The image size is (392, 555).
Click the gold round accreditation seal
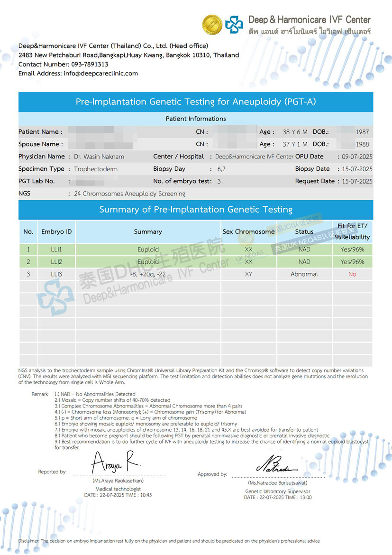pyautogui.click(x=212, y=25)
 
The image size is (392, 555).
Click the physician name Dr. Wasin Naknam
pyautogui.click(x=99, y=157)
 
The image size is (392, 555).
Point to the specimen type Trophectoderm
pyautogui.click(x=96, y=169)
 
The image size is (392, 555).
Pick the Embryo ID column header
pyautogui.click(x=56, y=232)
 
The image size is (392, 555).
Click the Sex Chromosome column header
pyautogui.click(x=248, y=232)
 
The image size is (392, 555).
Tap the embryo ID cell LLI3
pyautogui.click(x=56, y=274)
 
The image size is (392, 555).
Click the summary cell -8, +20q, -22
pyautogui.click(x=148, y=274)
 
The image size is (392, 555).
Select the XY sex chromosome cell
pyautogui.click(x=248, y=274)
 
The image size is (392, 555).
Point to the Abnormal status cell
pyautogui.click(x=304, y=274)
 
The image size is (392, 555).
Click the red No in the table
pyautogui.click(x=352, y=274)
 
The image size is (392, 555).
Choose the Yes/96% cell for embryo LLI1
pyautogui.click(x=352, y=250)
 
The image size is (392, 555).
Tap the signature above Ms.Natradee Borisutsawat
pyautogui.click(x=277, y=463)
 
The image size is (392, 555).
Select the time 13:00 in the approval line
pyautogui.click(x=305, y=498)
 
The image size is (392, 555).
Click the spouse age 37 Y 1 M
pyautogui.click(x=295, y=144)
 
